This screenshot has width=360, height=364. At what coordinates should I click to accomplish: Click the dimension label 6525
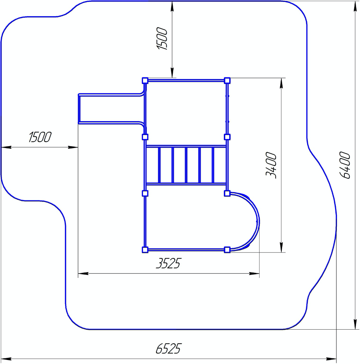(x=168, y=348)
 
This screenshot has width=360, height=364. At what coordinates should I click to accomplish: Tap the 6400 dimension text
(x=344, y=165)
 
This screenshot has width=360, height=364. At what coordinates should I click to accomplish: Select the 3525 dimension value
(x=168, y=263)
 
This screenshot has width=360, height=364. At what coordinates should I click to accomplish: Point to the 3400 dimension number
(x=271, y=165)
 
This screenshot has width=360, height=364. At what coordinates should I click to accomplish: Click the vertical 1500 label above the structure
(x=162, y=39)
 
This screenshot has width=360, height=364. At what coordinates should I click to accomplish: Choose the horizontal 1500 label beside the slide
(x=39, y=137)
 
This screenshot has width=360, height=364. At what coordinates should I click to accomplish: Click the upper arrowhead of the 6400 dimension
(x=355, y=6)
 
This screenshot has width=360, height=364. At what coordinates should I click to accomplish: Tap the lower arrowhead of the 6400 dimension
(x=355, y=324)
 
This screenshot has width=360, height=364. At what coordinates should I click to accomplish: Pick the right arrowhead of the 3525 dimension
(x=254, y=274)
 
